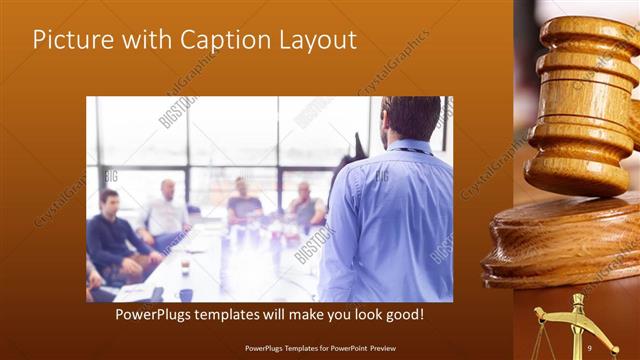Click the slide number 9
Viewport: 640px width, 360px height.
point(590,347)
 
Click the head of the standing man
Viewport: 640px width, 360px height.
point(411,118)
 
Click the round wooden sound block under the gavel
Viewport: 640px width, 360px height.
point(565,250)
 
